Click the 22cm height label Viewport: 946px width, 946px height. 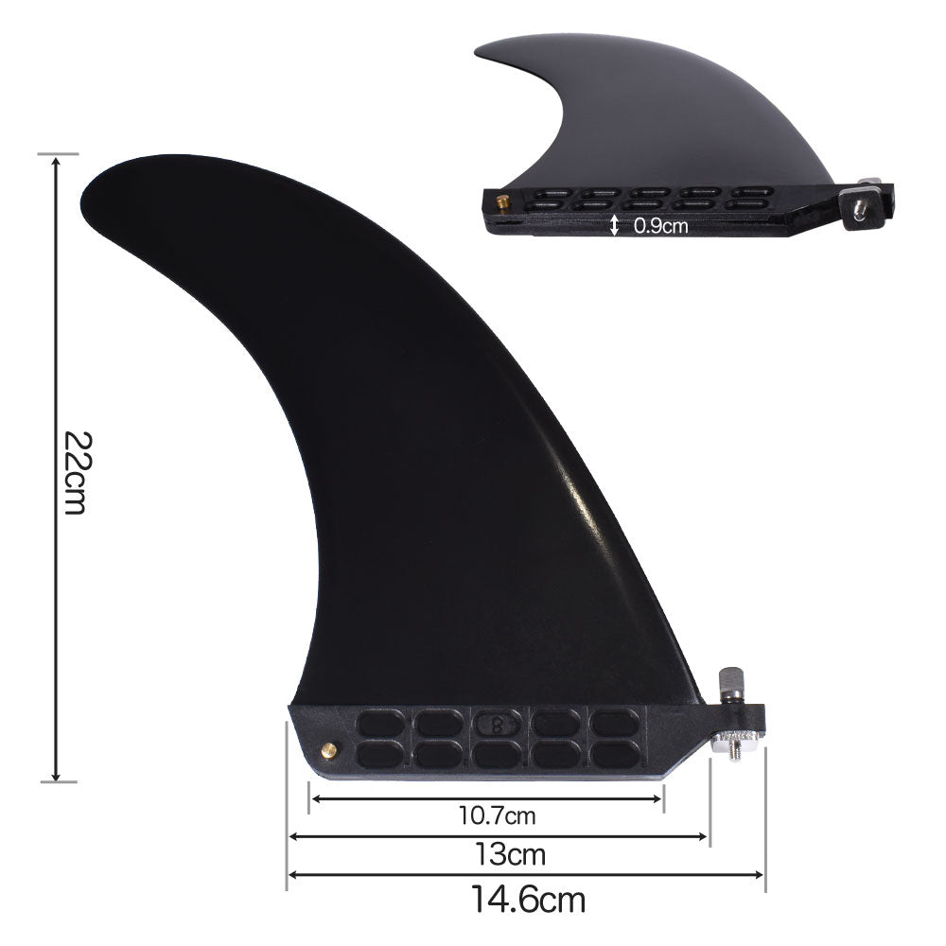tap(77, 472)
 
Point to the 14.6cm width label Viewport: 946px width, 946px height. tap(529, 896)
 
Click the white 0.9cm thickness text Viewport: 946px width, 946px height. tap(660, 226)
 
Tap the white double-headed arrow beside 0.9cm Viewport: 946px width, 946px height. tap(615, 225)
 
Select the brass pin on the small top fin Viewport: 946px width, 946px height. tap(500, 200)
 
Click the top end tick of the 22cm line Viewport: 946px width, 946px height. tap(58, 153)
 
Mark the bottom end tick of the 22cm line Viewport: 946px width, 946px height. tap(58, 781)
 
